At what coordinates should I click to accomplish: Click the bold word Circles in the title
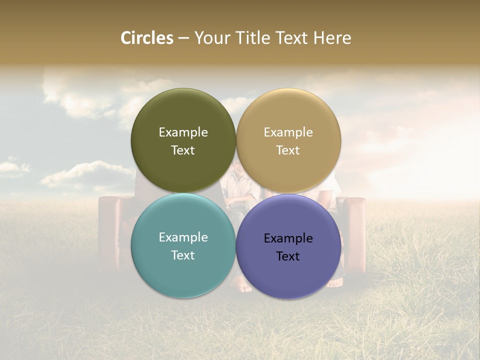[146, 38]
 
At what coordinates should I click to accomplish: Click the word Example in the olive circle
[183, 132]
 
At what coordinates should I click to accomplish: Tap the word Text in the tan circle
[288, 150]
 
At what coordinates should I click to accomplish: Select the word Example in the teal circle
[183, 237]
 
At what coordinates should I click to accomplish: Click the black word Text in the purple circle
[288, 256]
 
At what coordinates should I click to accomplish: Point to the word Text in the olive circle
[183, 150]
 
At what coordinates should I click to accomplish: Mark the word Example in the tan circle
[288, 132]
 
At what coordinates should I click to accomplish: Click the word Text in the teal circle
[183, 255]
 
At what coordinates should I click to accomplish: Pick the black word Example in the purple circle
[288, 238]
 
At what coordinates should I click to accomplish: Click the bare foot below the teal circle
[243, 287]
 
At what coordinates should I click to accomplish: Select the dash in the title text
[183, 38]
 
